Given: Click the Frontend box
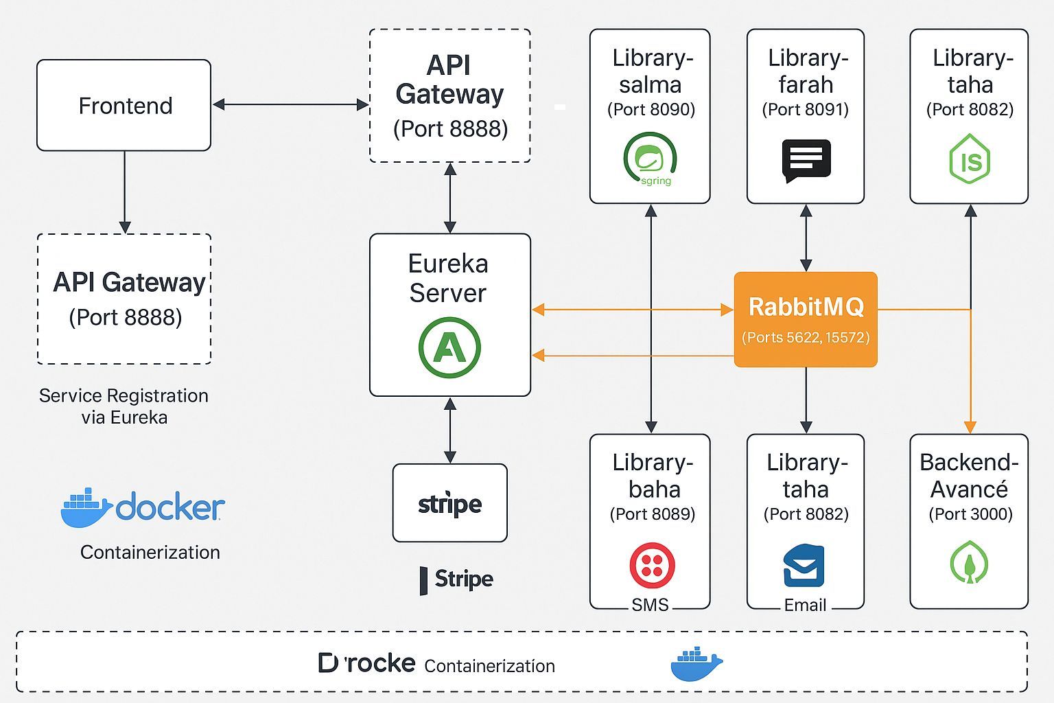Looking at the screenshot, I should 124,105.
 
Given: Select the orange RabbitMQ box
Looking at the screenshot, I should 806,319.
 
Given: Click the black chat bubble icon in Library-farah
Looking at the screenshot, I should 806,161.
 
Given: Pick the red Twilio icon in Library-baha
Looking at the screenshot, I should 652,565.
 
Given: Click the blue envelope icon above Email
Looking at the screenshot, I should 804,565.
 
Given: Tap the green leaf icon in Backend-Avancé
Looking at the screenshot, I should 969,562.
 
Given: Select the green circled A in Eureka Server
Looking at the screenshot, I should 449,347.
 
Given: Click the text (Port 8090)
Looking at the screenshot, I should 651,109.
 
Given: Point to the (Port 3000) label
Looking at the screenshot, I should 970,514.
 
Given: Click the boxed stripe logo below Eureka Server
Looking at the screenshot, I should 450,503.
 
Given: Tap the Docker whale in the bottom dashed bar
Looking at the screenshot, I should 696,664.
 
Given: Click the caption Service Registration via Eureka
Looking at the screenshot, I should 124,406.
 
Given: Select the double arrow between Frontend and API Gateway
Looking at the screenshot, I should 290,104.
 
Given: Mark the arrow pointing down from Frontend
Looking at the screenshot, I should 124,192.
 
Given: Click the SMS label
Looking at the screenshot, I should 650,605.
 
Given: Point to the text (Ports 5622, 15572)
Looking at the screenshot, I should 806,337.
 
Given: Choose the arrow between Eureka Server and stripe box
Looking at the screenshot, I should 450,430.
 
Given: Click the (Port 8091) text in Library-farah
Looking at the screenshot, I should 806,109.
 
